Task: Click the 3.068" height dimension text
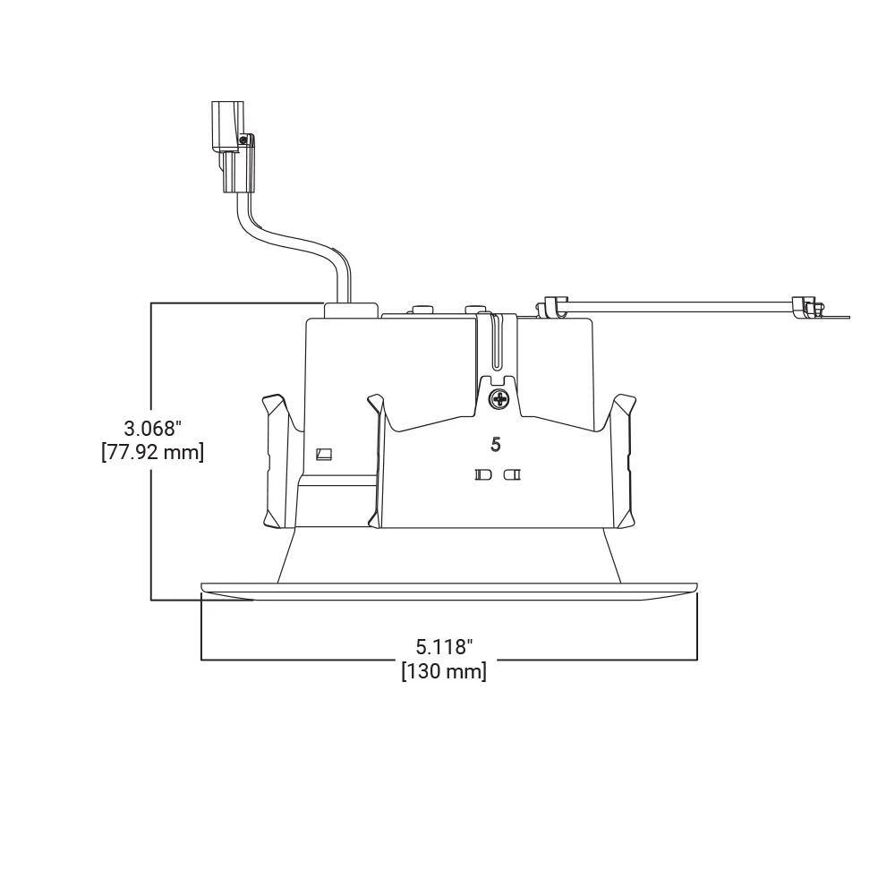click(x=152, y=428)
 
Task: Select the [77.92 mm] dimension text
click(x=152, y=452)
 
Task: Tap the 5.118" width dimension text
click(x=444, y=647)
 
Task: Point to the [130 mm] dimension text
click(x=444, y=671)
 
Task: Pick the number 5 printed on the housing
click(x=496, y=444)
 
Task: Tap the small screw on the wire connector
click(x=243, y=139)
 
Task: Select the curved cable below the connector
click(x=297, y=245)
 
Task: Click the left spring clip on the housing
click(x=281, y=461)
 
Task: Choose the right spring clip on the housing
click(x=622, y=461)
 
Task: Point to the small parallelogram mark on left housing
click(x=324, y=455)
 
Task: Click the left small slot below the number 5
click(x=483, y=474)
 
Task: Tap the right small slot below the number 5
click(x=512, y=474)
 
